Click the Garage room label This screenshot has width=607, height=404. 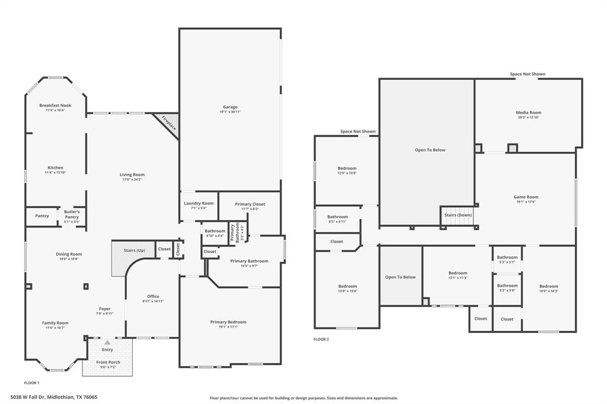(x=230, y=107)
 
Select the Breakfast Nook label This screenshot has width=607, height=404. (x=56, y=105)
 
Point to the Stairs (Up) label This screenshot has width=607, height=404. (x=134, y=251)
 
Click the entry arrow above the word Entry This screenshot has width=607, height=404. (x=107, y=342)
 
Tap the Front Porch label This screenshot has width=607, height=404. (x=108, y=362)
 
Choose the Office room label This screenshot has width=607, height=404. (x=153, y=296)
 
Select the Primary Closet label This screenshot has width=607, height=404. (x=250, y=204)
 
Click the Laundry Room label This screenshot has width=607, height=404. (x=199, y=203)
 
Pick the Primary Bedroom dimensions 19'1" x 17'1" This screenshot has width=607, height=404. (x=228, y=326)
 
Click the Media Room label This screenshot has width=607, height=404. (x=528, y=113)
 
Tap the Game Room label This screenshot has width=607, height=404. (x=526, y=197)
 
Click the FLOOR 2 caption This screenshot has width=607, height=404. (x=321, y=339)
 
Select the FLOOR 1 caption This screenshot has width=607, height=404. (x=31, y=383)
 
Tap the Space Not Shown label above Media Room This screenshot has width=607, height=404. (x=528, y=74)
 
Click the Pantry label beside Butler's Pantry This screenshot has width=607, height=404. (x=42, y=216)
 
